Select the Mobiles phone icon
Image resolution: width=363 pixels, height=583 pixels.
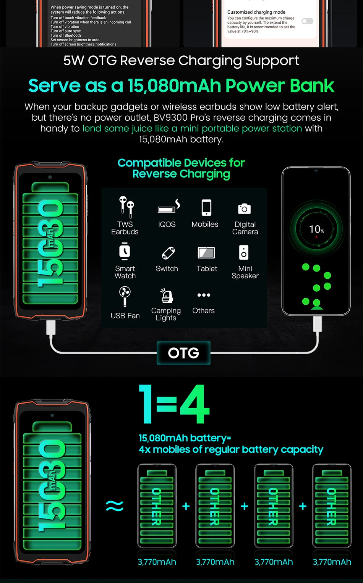click(206, 208)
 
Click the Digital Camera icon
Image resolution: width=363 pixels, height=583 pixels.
click(245, 208)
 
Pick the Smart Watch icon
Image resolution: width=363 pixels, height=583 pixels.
click(125, 252)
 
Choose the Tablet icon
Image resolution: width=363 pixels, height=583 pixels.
click(206, 253)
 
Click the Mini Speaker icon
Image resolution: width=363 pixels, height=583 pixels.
click(244, 252)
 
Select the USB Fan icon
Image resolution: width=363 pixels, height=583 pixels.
click(125, 296)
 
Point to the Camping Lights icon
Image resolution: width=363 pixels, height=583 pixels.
click(166, 296)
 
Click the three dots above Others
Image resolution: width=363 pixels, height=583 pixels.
click(204, 295)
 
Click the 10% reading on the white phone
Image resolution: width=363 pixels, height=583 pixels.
click(316, 229)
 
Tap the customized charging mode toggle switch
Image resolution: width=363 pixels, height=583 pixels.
click(307, 21)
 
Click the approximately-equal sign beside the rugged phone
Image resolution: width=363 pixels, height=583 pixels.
click(115, 506)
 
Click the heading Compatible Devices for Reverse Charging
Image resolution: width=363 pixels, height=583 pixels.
click(181, 168)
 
